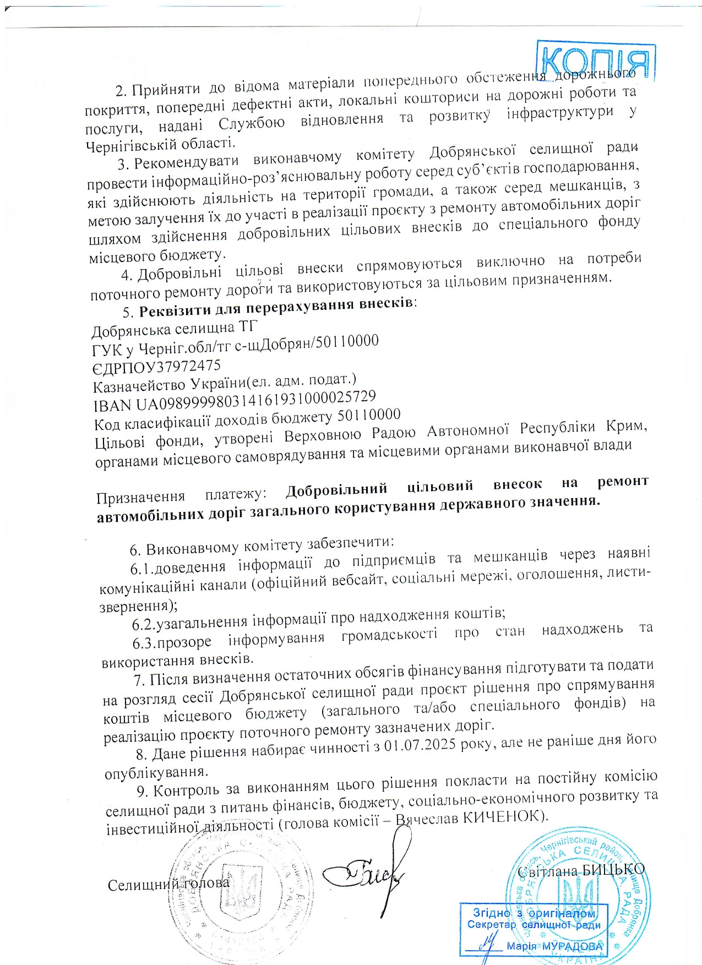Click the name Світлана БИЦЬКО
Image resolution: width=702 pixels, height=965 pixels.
(581, 870)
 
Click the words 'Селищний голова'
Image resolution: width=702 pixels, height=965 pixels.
(168, 884)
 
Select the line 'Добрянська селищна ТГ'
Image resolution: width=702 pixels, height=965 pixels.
(174, 329)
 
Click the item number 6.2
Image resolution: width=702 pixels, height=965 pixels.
(143, 624)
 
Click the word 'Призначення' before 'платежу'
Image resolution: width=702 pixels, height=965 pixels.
(140, 497)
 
